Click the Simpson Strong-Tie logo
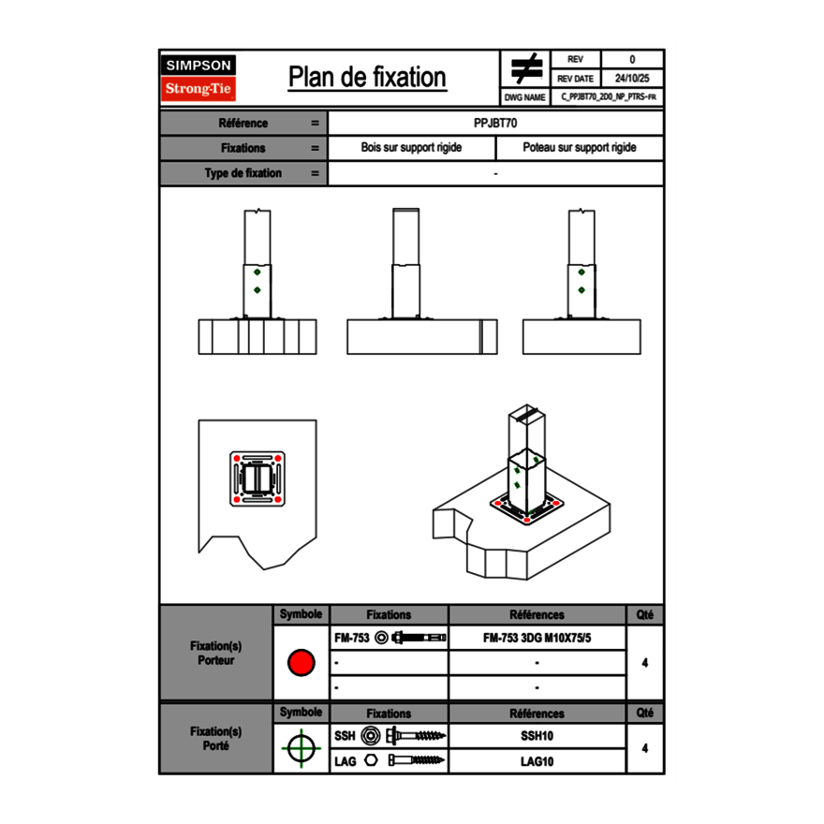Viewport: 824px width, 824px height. (199, 78)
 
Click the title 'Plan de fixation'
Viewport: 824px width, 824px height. (367, 77)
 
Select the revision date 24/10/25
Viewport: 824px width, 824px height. (632, 79)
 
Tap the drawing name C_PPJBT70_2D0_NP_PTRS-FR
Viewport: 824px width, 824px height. (608, 97)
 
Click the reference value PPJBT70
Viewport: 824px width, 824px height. (495, 123)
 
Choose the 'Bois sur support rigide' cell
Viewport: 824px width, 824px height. (411, 148)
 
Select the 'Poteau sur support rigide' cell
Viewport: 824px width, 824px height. (579, 148)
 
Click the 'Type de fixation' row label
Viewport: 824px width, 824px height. (243, 173)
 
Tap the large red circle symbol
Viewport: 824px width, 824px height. (301, 663)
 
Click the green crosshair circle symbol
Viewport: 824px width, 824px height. (301, 748)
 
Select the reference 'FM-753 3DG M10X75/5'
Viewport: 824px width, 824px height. (537, 639)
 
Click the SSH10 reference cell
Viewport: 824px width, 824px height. (537, 737)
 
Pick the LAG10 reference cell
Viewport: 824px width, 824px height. (537, 761)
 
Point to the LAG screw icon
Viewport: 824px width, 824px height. (417, 761)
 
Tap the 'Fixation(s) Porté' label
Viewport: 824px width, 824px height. (215, 738)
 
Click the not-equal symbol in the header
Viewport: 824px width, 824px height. (526, 68)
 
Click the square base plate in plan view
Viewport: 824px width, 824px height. (257, 479)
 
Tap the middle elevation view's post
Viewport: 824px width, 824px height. (406, 267)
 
